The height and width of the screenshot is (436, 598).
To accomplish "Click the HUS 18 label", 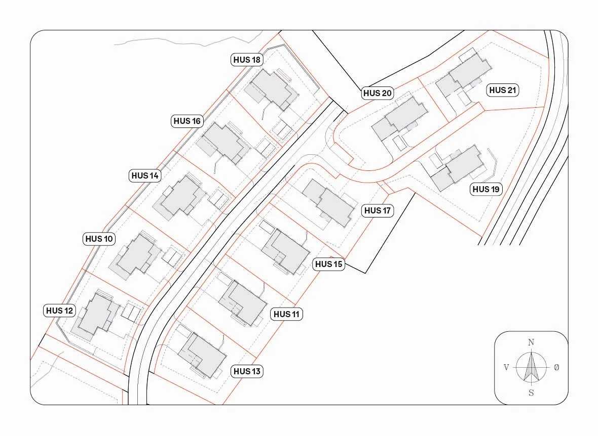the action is pos(247,60).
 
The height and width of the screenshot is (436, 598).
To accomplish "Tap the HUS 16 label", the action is pos(187,121).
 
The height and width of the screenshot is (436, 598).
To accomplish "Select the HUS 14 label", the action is pos(145,176).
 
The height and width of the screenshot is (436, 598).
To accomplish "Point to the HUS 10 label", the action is pos(99,239).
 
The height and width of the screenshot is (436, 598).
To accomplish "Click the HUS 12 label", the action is pos(59,311).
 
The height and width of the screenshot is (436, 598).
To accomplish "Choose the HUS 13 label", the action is pos(247,371).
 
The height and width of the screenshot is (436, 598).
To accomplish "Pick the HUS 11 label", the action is pos(286,314).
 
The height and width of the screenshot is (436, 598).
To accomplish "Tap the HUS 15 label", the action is pos(329,264).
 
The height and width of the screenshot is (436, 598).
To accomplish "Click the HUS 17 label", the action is pos(378,210).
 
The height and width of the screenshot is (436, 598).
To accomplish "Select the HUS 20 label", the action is pos(378,93).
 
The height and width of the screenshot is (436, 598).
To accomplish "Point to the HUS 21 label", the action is pos(503,90).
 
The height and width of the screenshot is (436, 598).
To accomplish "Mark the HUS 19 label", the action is pos(486,189).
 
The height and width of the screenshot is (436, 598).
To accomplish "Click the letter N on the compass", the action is pos(531,342).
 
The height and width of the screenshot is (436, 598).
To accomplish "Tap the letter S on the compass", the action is pos(531,393).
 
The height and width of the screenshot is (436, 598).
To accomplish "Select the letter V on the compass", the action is pos(506,367).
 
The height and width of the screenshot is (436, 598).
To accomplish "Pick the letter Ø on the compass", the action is pos(556,367).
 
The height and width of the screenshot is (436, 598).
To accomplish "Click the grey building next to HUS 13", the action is pos(202,355).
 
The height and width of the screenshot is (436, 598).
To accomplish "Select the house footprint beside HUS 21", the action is pos(463,75).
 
